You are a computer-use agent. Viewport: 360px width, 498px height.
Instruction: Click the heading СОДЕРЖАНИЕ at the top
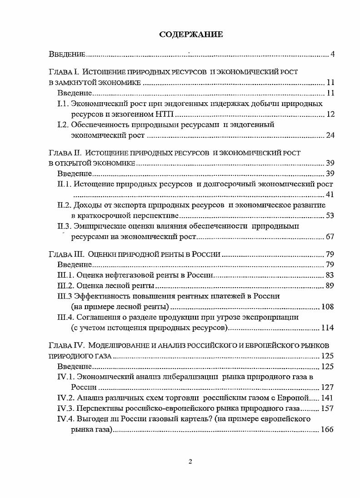tap(190, 35)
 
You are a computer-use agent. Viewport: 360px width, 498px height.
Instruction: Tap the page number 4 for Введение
tap(332, 55)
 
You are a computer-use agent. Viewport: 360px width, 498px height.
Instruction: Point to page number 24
tap(330, 135)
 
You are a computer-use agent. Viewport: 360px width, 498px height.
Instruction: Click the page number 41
tap(330, 195)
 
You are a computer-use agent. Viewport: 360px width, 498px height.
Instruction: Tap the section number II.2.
tap(65, 205)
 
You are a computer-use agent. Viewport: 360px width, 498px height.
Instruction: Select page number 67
tap(330, 237)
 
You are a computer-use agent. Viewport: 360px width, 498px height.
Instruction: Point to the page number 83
tap(330, 275)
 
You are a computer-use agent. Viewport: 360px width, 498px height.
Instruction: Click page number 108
tap(328, 307)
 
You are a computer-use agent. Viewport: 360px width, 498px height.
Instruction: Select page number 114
tap(328, 328)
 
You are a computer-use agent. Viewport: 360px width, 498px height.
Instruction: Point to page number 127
tap(328, 387)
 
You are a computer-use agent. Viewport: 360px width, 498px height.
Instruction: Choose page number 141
tap(328, 398)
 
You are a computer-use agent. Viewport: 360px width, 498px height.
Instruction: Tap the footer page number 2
tap(190, 462)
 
